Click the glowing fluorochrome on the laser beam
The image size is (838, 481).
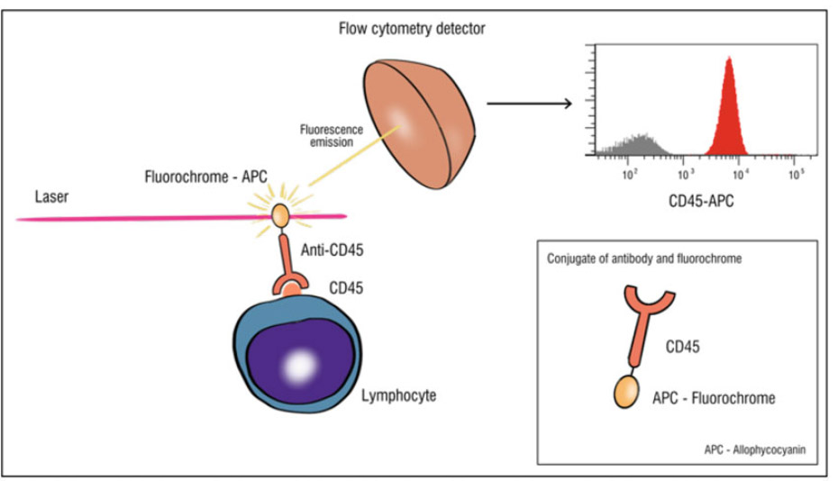click(280, 215)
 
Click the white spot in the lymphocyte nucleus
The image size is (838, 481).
click(298, 365)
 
